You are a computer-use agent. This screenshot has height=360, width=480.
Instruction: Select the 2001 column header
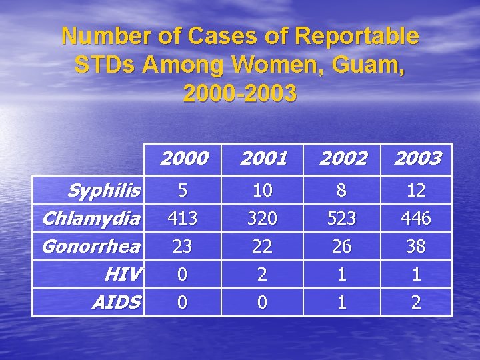pyautogui.click(x=263, y=159)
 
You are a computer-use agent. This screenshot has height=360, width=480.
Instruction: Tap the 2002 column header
pyautogui.click(x=342, y=159)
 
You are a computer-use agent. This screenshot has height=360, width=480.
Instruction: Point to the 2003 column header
pyautogui.click(x=417, y=159)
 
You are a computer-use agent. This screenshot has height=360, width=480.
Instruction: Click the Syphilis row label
pyautogui.click(x=103, y=191)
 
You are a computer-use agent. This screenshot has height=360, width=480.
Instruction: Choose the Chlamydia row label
pyautogui.click(x=91, y=218)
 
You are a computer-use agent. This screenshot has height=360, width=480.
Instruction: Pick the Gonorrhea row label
pyautogui.click(x=91, y=246)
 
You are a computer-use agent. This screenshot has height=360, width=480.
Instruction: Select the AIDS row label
pyautogui.click(x=117, y=303)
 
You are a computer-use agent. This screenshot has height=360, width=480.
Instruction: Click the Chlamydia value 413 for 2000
pyautogui.click(x=183, y=219)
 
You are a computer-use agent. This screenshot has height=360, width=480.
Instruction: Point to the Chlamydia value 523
pyautogui.click(x=342, y=219)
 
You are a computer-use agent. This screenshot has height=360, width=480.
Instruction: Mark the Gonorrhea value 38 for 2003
pyautogui.click(x=417, y=247)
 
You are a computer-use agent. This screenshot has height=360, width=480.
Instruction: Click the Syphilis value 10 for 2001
pyautogui.click(x=263, y=191)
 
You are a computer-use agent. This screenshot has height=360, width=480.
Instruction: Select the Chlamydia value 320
pyautogui.click(x=263, y=219)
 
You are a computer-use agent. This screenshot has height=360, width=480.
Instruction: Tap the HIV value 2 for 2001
pyautogui.click(x=263, y=275)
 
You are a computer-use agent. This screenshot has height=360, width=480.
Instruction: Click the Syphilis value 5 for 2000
pyautogui.click(x=183, y=191)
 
